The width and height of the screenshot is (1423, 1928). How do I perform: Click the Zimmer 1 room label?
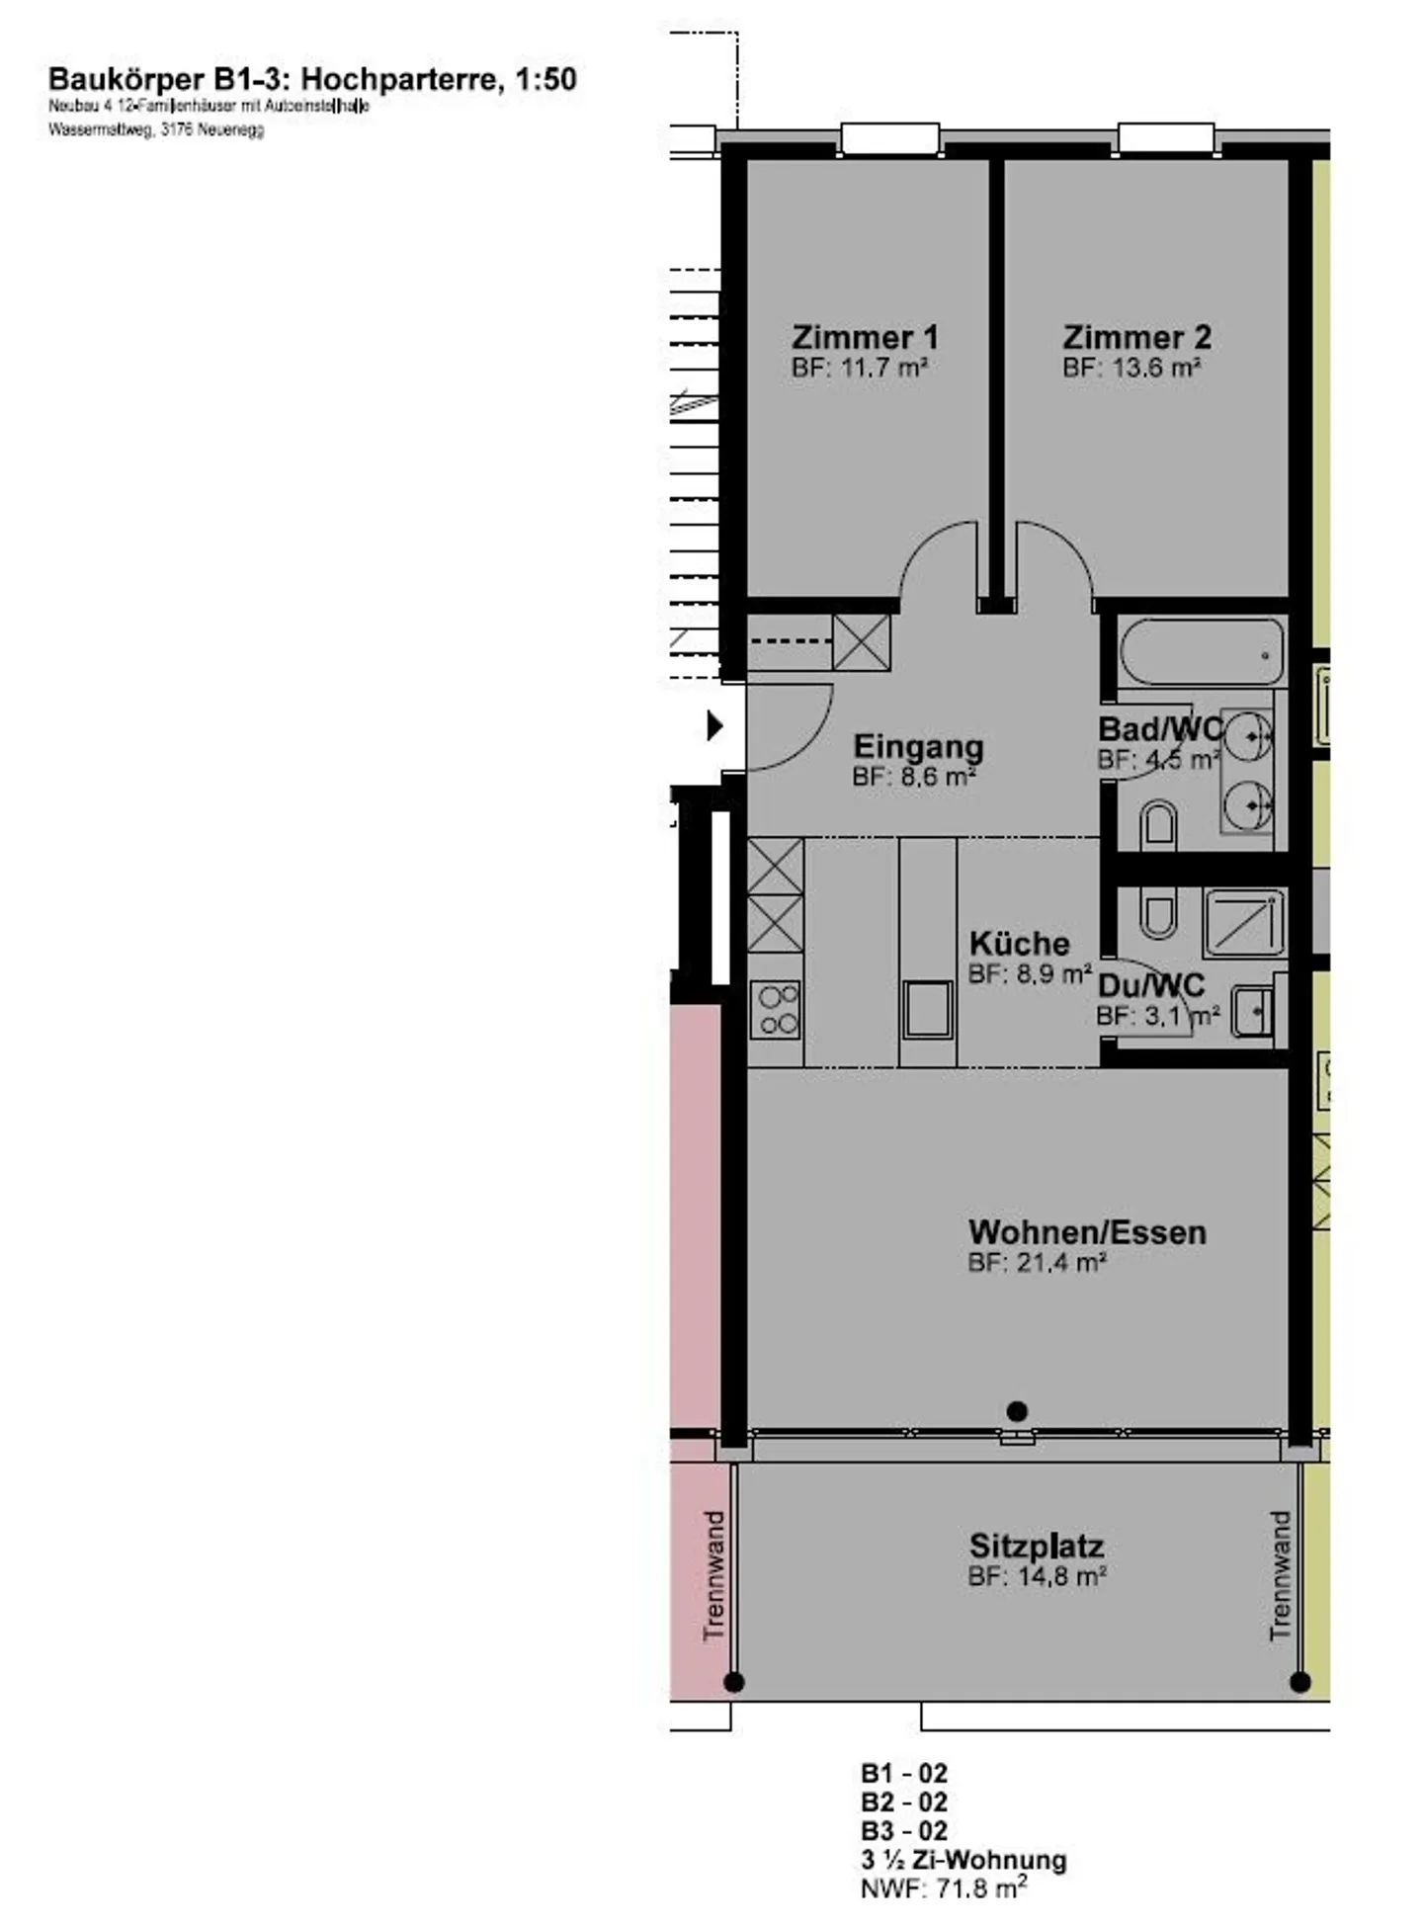click(865, 337)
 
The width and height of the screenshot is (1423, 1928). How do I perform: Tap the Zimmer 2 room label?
click(1136, 337)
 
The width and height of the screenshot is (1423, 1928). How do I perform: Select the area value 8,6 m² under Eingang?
click(914, 777)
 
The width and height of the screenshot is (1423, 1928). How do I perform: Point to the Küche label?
click(1019, 943)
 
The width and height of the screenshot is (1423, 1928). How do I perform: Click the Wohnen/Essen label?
click(1087, 1232)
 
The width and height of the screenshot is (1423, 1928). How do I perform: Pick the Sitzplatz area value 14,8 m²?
click(1037, 1576)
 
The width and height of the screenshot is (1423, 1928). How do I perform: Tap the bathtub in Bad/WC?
click(1202, 651)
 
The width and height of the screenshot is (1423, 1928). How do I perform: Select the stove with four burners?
click(776, 1010)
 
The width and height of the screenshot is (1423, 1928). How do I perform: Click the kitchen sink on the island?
click(927, 1009)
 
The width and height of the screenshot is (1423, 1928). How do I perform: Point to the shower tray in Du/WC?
click(1244, 922)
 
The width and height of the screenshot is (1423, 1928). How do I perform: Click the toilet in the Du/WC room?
click(1157, 912)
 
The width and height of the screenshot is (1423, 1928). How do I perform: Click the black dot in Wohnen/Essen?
click(1017, 1410)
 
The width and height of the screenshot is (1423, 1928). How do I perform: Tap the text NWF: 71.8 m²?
click(943, 1887)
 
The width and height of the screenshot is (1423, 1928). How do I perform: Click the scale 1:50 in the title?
click(544, 79)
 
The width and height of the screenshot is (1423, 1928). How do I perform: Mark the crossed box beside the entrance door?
click(862, 641)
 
